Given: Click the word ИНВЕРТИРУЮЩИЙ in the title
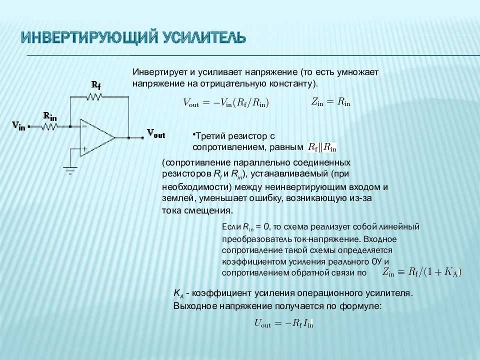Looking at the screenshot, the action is click(x=90, y=37).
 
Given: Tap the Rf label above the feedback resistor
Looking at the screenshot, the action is click(x=96, y=85).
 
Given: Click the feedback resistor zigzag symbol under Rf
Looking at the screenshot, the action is click(x=94, y=97).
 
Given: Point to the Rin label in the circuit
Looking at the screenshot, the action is click(x=50, y=116).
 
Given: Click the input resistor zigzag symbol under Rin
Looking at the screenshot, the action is click(x=49, y=126).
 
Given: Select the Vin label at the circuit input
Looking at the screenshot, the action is click(x=18, y=125).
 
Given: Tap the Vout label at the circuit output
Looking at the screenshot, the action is click(x=156, y=133).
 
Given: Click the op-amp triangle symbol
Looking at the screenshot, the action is click(x=97, y=137).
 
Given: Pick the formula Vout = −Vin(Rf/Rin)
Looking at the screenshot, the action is click(x=226, y=103).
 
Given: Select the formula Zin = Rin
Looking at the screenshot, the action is click(x=330, y=102).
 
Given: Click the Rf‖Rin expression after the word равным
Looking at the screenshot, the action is click(x=322, y=147).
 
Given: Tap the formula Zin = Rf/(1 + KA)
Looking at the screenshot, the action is click(x=421, y=272).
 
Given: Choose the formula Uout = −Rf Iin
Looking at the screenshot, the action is click(x=284, y=323).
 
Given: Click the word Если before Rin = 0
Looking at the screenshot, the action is click(x=231, y=227).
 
